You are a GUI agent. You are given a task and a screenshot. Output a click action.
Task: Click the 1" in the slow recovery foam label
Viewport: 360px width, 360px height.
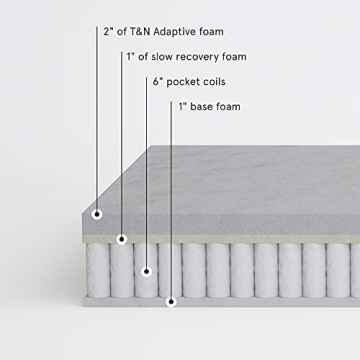pos(131,56)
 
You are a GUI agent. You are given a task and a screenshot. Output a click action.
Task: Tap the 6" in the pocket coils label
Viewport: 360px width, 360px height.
pos(158,81)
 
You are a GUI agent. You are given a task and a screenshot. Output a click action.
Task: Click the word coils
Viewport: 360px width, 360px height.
pos(221,81)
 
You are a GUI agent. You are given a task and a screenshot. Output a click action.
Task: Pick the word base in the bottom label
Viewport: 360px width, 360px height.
pos(203,106)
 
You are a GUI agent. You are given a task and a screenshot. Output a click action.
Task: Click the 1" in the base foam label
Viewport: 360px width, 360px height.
pos(183,106)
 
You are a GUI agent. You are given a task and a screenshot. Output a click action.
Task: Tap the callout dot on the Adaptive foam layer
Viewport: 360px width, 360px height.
pos(97,214)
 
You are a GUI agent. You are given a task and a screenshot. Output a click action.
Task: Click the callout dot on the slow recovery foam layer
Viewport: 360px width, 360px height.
pos(122,238)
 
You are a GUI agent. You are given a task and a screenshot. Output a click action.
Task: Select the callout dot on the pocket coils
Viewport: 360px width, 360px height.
pos(147,270)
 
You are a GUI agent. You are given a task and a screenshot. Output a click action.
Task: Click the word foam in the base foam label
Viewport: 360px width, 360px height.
pos(229,106)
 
